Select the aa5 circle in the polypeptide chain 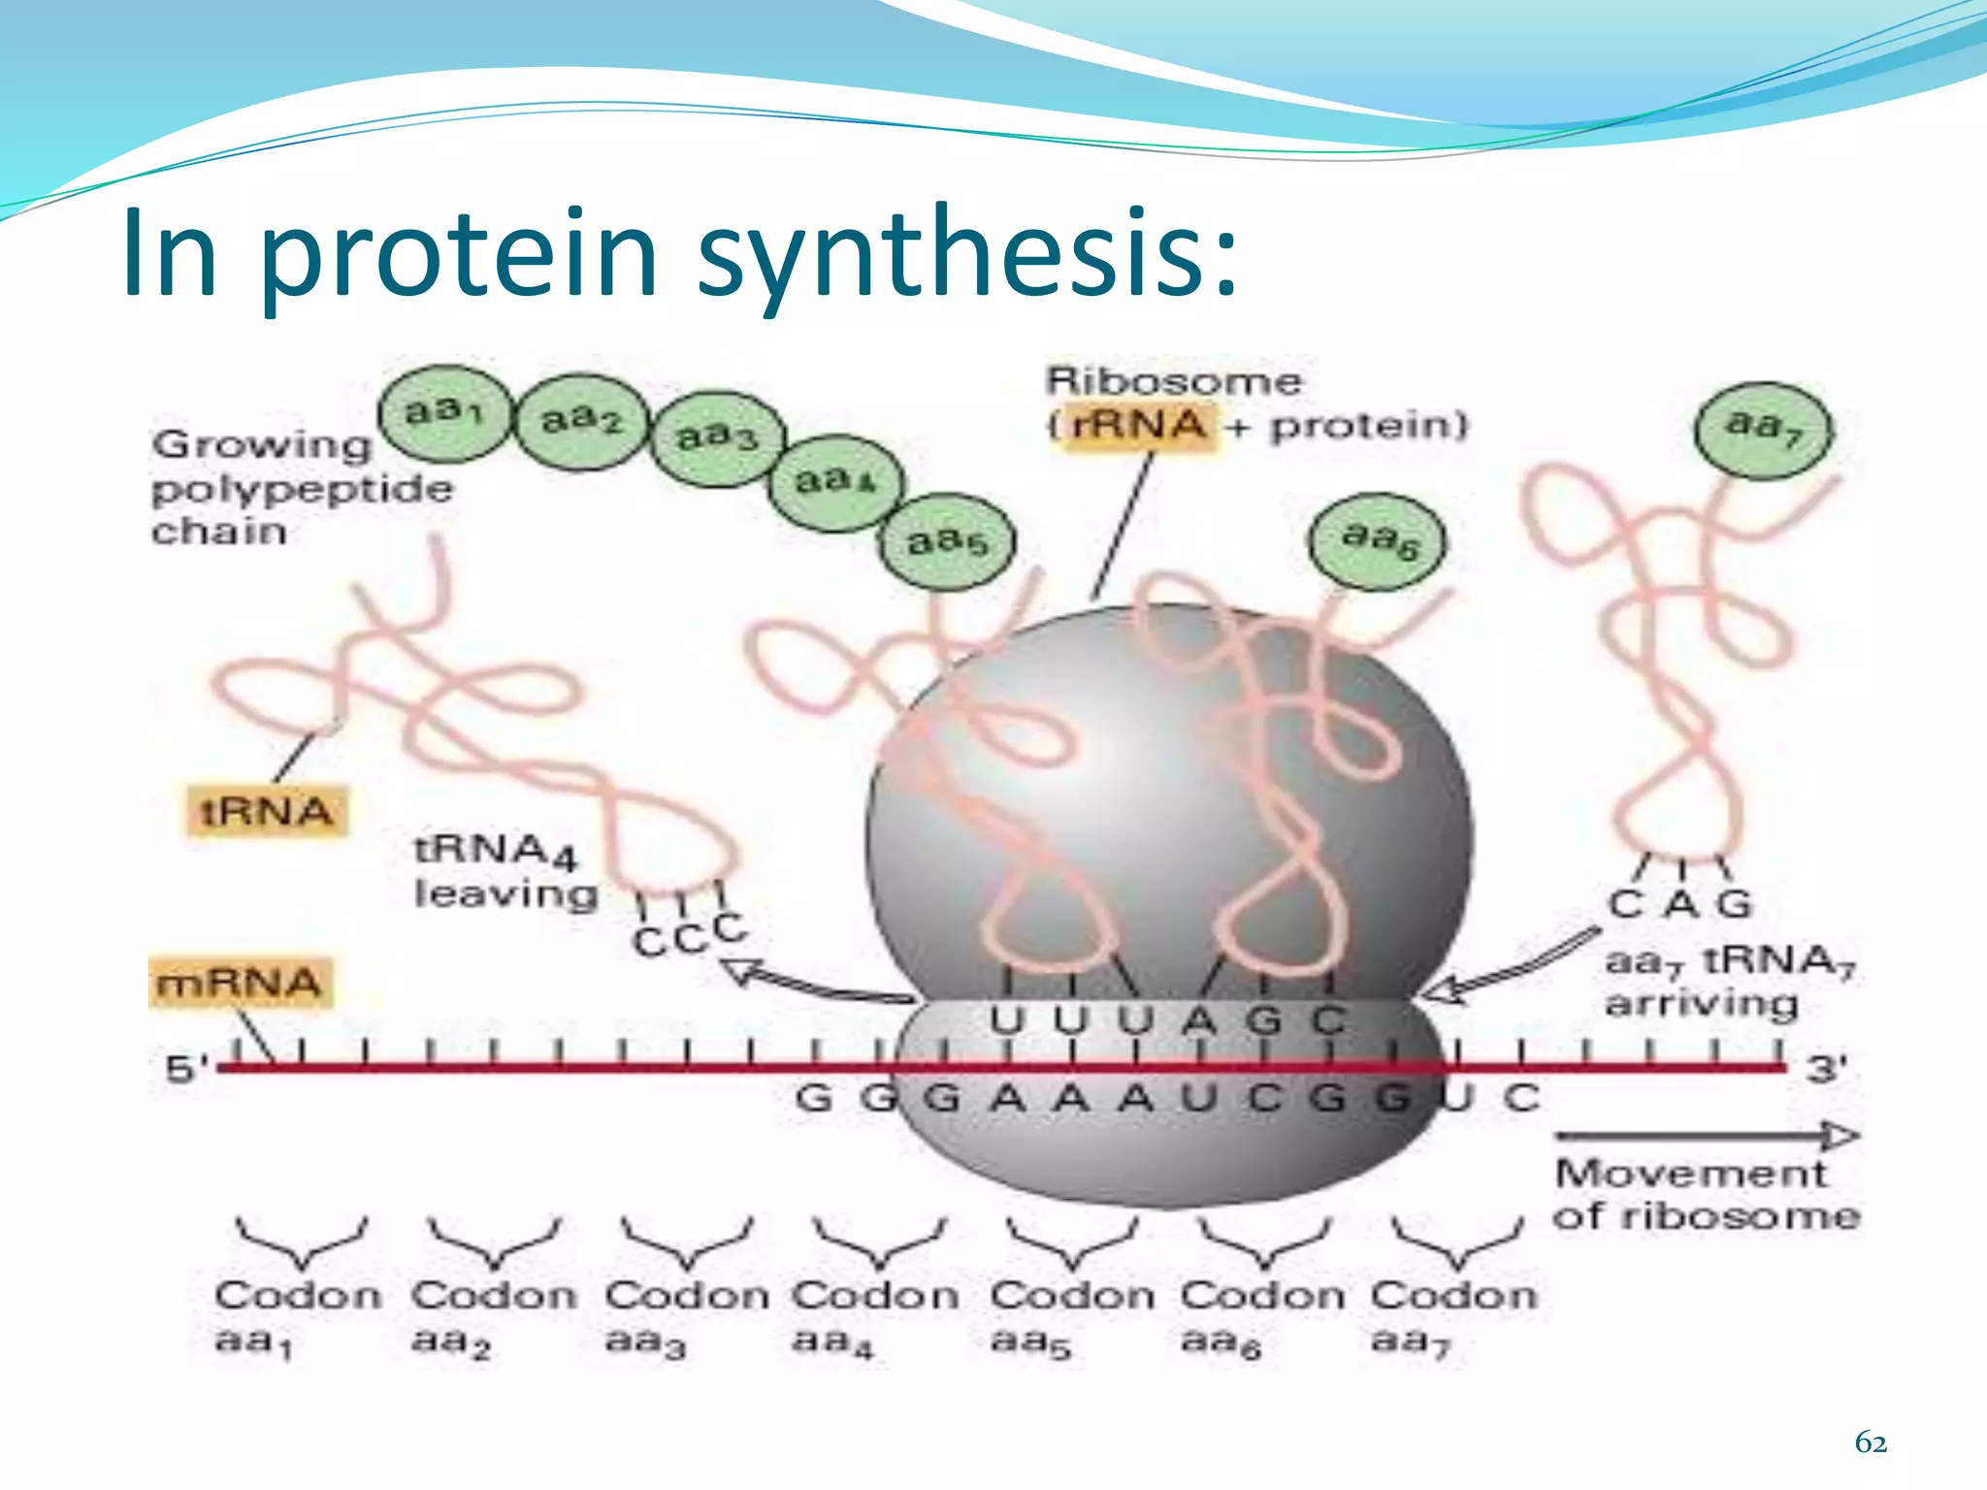pos(948,541)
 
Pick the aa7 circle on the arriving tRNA pos(1764,427)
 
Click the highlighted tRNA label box pos(266,811)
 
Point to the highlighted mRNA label pos(240,983)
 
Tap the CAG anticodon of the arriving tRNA pos(1680,904)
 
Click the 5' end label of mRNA pos(185,1070)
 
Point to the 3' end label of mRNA pos(1826,1069)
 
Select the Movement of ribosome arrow pos(1706,1136)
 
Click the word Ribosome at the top pos(1173,381)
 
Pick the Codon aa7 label pos(1452,1317)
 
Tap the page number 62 pos(1870,1443)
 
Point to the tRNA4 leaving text pos(505,871)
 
